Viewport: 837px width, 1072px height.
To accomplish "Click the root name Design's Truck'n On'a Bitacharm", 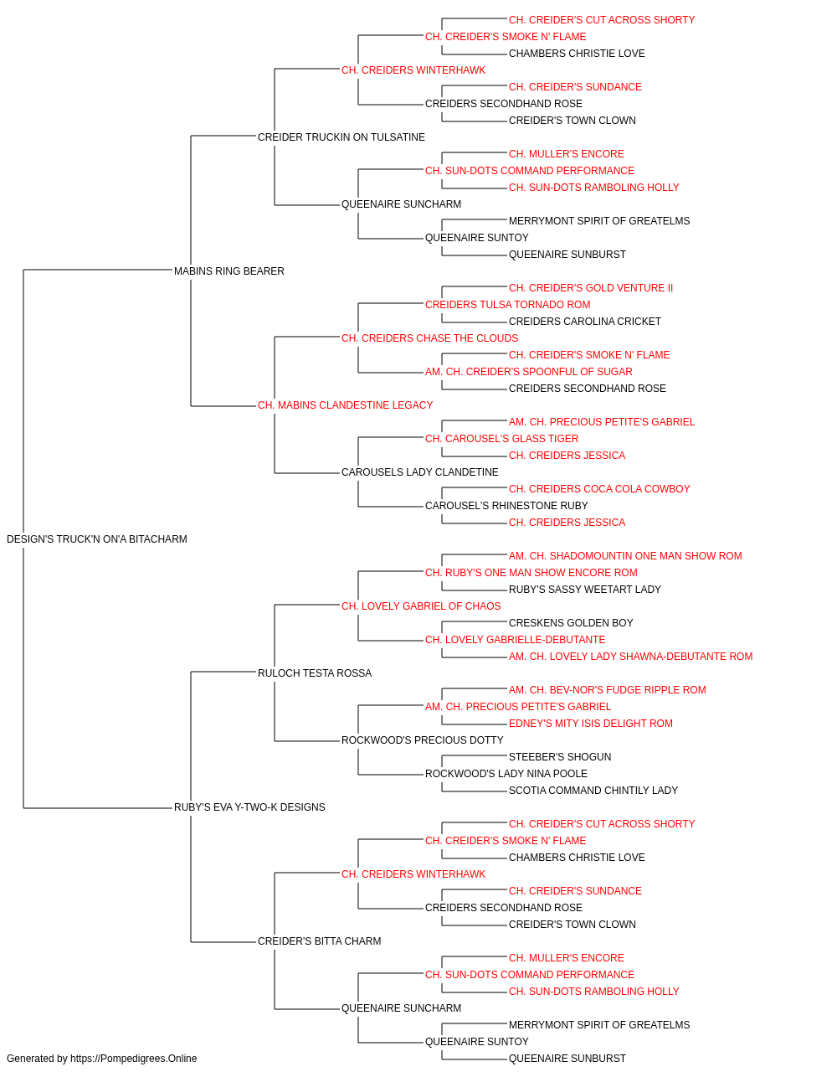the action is [x=96, y=539].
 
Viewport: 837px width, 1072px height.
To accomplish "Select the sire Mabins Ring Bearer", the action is [x=229, y=271].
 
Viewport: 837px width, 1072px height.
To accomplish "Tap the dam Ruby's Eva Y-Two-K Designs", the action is [x=249, y=807].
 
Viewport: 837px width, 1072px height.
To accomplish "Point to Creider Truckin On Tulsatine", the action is [x=341, y=137].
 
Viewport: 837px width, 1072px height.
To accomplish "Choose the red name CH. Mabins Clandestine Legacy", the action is [x=345, y=405].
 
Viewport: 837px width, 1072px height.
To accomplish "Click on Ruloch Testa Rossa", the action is [x=315, y=673].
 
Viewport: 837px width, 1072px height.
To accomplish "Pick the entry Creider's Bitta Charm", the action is [x=320, y=941].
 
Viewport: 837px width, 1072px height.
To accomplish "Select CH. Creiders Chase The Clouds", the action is [x=430, y=338].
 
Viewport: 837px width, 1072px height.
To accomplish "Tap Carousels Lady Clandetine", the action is [x=420, y=472].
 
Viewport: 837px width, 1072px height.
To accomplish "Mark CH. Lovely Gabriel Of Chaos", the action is [x=421, y=606].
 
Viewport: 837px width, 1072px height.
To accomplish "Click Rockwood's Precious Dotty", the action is [x=423, y=740].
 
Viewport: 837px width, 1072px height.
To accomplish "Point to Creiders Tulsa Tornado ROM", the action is [x=508, y=305].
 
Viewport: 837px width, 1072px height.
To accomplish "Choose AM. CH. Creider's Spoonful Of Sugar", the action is [x=529, y=372].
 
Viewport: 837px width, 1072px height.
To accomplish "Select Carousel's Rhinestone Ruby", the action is [x=506, y=506].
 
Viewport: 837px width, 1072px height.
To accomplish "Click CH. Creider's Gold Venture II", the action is [x=591, y=288].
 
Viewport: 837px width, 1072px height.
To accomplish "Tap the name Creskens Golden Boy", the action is [x=571, y=623].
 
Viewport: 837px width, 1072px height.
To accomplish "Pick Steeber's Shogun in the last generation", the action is [x=560, y=757].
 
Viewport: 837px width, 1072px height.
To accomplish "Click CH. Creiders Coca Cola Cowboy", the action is [x=599, y=489].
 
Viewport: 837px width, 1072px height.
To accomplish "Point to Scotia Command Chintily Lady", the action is [x=593, y=791].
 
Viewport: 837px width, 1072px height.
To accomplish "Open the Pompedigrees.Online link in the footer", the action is [x=134, y=1059].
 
